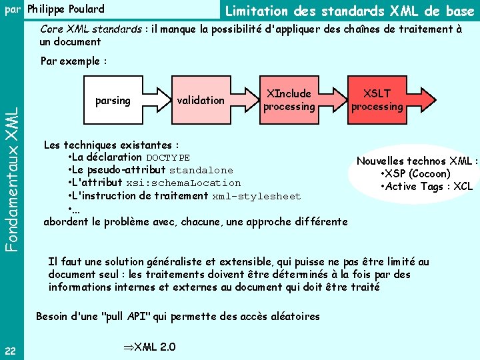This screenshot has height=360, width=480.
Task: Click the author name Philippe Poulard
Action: [x=65, y=9]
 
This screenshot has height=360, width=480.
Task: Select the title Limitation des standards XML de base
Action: [x=349, y=10]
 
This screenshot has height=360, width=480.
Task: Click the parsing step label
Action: [x=113, y=100]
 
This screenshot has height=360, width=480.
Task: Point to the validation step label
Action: [x=201, y=100]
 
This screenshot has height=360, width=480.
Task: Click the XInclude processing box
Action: [x=289, y=100]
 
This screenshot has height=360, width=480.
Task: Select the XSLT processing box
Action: [x=377, y=100]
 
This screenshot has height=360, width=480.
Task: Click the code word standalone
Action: [x=201, y=171]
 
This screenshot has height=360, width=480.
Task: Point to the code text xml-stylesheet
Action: [x=257, y=197]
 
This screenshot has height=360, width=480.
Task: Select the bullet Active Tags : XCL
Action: [x=425, y=186]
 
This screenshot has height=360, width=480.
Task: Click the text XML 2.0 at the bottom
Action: [x=150, y=346]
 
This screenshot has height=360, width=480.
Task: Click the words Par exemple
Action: [x=74, y=61]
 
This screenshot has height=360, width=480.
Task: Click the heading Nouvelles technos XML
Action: [x=417, y=161]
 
